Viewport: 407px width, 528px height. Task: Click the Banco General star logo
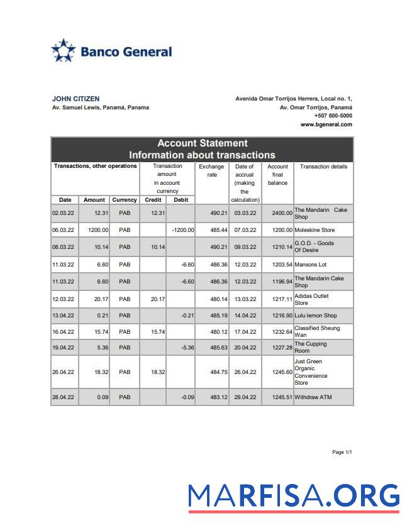coord(63,51)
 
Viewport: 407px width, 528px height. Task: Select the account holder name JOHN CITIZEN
coord(75,99)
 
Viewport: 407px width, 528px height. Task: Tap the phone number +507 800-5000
coord(333,116)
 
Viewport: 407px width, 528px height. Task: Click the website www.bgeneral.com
coord(326,124)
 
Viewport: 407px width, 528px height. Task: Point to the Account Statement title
coord(202,143)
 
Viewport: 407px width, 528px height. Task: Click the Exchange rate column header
coord(211,170)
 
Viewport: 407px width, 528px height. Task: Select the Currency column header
coord(125,200)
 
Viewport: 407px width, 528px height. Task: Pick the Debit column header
coord(181,200)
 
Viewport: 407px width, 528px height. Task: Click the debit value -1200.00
coord(182,231)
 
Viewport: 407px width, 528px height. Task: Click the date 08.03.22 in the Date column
coord(64,247)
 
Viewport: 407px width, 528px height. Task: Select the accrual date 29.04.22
coord(245,397)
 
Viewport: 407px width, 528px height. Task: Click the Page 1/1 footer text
coord(342,452)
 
